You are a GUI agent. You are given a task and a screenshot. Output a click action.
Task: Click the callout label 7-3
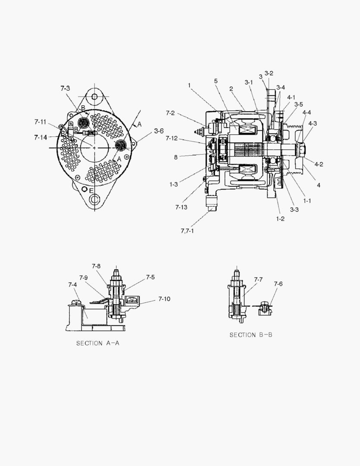65,88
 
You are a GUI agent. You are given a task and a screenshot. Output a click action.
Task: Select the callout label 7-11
40,122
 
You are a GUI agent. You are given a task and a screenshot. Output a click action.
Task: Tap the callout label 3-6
159,131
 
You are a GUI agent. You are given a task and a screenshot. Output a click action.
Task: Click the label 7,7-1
188,231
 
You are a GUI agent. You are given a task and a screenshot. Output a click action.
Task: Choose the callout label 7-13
181,208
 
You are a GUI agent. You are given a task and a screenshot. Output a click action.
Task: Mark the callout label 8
176,157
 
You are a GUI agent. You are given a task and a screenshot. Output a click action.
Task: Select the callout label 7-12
171,138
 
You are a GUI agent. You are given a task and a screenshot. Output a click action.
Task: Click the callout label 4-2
319,164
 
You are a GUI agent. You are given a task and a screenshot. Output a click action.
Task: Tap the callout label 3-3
294,210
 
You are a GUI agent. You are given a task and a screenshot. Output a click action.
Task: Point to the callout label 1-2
280,219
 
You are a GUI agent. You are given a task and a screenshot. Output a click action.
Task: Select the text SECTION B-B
250,335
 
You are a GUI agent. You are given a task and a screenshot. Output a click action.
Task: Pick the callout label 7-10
165,299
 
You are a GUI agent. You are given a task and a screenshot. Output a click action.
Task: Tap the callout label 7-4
72,285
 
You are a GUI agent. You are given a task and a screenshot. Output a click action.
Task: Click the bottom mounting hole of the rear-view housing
94,199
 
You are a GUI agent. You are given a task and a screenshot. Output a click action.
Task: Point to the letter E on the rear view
91,190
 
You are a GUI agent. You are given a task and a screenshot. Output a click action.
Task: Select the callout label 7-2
170,113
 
